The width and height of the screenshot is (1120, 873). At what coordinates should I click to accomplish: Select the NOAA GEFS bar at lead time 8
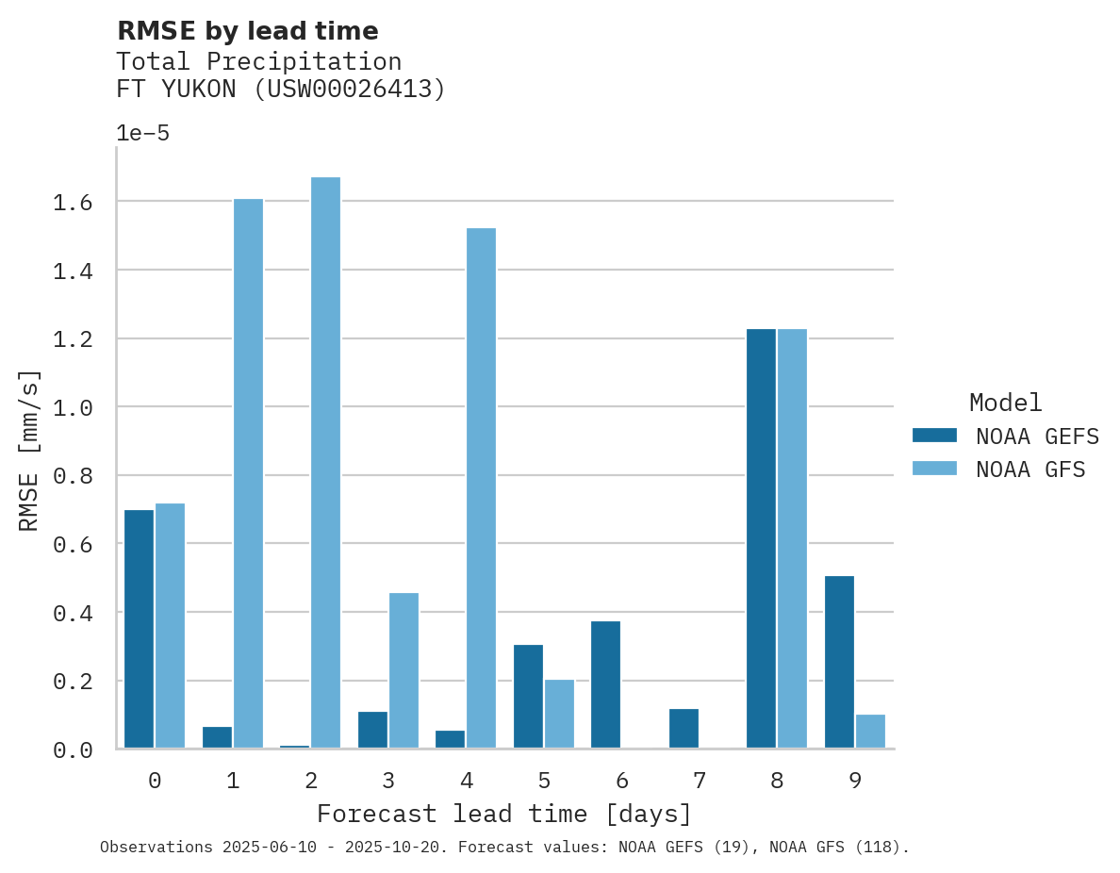[761, 538]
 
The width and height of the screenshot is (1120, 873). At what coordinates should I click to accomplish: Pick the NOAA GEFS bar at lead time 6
[605, 684]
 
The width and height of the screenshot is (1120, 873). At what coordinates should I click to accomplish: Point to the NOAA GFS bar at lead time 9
[870, 732]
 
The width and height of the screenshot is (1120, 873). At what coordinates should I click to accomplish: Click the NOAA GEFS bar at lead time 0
[139, 629]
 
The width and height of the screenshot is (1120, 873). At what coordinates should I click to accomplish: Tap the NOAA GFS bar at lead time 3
[404, 670]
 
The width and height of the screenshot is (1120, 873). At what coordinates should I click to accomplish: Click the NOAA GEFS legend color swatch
[934, 436]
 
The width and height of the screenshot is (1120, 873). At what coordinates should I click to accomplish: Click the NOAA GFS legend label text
[1030, 469]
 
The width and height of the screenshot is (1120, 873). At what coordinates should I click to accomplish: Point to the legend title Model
[1005, 403]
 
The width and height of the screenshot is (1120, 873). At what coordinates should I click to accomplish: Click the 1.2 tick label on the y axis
[73, 338]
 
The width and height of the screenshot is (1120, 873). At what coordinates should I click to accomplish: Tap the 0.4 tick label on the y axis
[73, 613]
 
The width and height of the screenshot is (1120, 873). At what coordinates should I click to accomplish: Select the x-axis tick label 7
[699, 781]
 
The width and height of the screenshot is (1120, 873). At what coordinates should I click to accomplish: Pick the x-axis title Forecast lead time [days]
[504, 814]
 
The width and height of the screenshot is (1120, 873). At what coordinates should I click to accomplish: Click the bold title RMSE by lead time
[247, 31]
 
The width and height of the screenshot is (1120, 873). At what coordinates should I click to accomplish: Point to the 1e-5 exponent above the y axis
[142, 133]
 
